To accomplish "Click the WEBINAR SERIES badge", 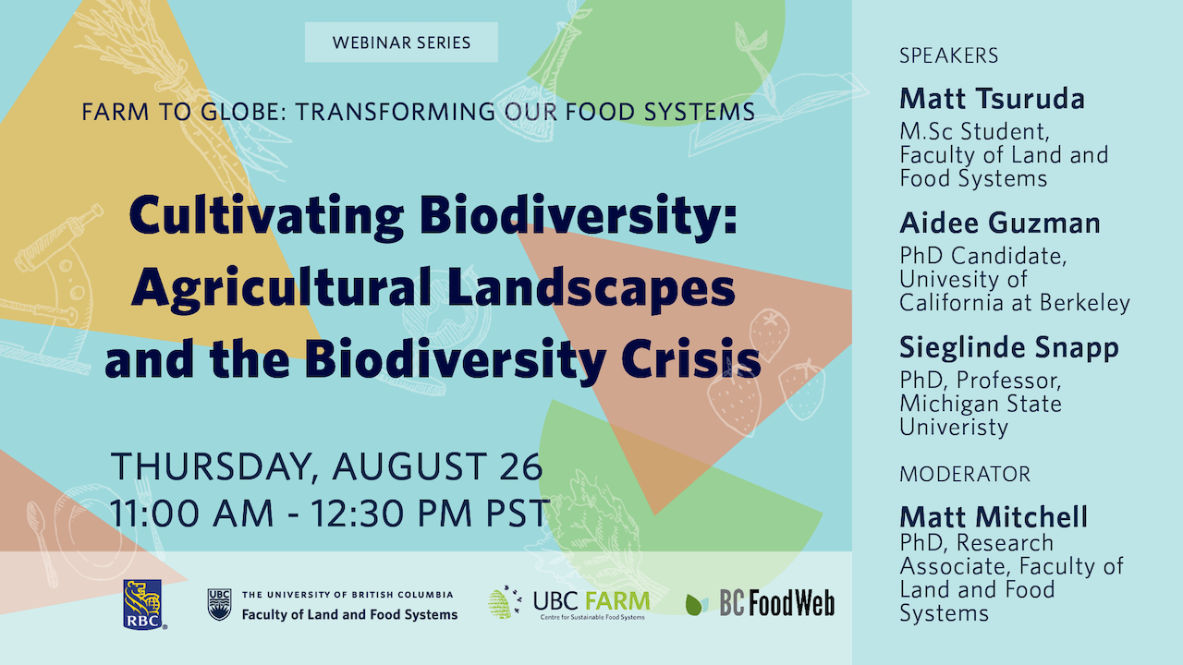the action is coord(401,42).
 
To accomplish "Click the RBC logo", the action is coord(143,604).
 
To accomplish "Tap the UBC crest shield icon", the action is coord(220,604).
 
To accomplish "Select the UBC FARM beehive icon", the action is coord(504,603).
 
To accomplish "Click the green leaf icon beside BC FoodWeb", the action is coord(697,604).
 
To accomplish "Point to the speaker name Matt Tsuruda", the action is coord(992,99).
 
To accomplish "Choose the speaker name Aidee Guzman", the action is coord(1000,224).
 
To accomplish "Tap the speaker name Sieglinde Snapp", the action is coord(1008,348).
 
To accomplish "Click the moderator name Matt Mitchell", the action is coord(994,516).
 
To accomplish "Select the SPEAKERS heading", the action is coord(948,55).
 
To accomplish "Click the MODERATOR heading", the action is coord(965,474).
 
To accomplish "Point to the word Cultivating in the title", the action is coord(267,217).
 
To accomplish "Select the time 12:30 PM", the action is coord(391,513).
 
